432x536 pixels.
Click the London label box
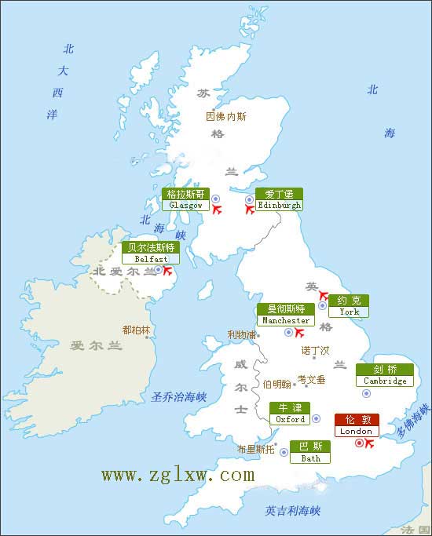click(357, 425)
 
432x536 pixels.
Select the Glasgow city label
click(186, 199)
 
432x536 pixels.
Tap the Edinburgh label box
click(279, 199)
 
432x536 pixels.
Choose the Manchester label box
click(286, 315)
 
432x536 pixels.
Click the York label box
click(349, 306)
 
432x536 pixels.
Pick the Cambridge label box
click(386, 375)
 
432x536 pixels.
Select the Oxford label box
click(290, 414)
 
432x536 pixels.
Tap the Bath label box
click(310, 452)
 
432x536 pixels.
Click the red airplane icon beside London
click(370, 444)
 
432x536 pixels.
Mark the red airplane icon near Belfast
click(167, 272)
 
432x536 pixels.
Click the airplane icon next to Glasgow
click(218, 209)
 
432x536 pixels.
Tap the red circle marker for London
click(359, 443)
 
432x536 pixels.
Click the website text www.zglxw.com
click(178, 476)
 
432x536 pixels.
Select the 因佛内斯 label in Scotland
click(225, 116)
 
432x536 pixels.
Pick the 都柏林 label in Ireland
click(136, 330)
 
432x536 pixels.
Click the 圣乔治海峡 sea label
click(178, 397)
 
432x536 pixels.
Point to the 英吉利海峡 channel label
click(293, 511)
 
